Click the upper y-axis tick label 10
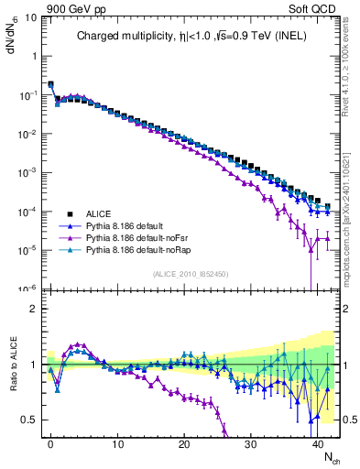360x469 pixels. pos(28,16)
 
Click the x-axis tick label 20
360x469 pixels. pos(184,443)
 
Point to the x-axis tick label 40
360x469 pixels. pos(318,443)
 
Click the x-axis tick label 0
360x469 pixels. pos(50,443)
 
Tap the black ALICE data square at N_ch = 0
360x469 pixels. pos(50,84)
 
